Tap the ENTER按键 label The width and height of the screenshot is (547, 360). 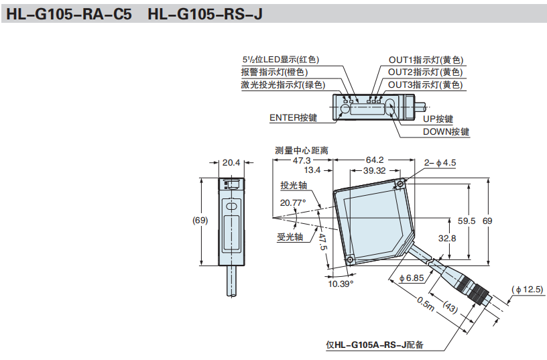293,117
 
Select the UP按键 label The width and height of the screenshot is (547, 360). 438,119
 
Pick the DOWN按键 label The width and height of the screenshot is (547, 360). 446,131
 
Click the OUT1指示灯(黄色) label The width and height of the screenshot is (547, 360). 426,60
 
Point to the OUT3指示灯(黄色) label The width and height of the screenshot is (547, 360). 426,84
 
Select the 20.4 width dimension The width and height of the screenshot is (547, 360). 231,162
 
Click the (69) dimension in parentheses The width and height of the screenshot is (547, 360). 200,220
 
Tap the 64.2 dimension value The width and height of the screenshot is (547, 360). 374,160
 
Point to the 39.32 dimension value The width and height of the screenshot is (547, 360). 374,171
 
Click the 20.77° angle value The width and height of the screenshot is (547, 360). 293,202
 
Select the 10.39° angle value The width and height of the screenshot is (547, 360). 341,284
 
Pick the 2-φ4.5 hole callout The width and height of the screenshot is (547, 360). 440,162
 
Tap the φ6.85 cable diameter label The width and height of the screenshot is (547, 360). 411,278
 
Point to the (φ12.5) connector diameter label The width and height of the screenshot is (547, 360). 528,290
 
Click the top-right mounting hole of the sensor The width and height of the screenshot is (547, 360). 400,184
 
